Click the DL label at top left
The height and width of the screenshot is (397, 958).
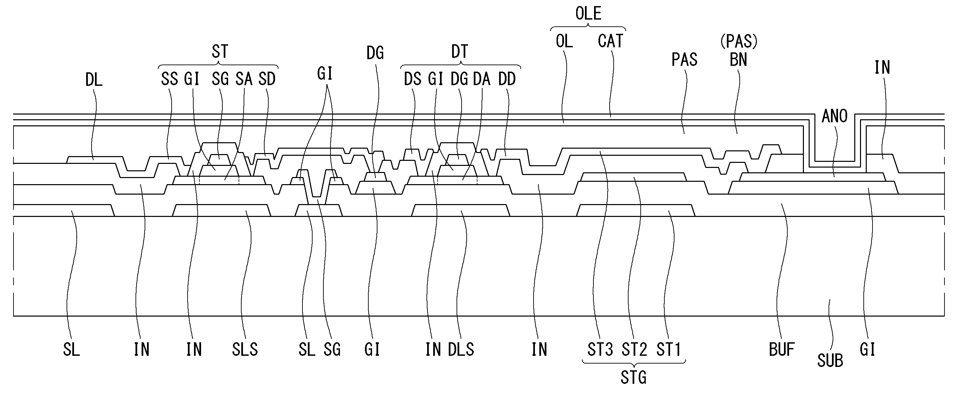pos(94,80)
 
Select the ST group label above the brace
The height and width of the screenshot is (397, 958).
pos(219,51)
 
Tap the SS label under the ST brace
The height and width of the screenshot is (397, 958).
pos(169,79)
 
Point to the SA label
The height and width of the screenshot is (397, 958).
pos(244,79)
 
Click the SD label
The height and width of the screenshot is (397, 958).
pos(267,79)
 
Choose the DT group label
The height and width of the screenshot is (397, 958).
pos(460,51)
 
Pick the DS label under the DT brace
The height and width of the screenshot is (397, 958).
pos(413,79)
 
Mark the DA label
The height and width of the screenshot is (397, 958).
pos(482,79)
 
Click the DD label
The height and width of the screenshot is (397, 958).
pos(507,79)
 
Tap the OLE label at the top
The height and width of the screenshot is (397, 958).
pos(588,14)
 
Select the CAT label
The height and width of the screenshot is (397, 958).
pos(610,41)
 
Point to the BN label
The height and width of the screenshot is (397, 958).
pos(738,59)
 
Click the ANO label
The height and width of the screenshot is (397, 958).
pos(835,116)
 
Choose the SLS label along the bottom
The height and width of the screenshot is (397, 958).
pos(245,350)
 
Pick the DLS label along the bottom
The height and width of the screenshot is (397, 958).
pos(461,350)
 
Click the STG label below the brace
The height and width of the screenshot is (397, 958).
pos(633,378)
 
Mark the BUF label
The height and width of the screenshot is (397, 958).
pos(782,350)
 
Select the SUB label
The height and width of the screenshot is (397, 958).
pos(830,361)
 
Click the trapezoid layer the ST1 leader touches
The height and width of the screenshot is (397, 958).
pos(636,210)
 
